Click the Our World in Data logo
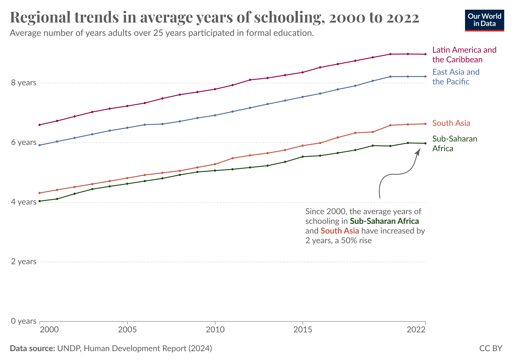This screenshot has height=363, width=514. [x=484, y=20]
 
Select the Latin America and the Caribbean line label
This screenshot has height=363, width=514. [x=464, y=55]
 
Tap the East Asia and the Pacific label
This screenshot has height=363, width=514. [x=456, y=77]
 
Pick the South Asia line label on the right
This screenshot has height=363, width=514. [x=451, y=123]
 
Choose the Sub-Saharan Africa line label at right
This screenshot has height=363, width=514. [x=454, y=144]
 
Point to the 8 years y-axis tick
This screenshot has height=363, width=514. [x=24, y=83]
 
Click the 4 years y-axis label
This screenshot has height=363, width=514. [x=24, y=202]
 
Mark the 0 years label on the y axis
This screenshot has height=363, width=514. [x=24, y=321]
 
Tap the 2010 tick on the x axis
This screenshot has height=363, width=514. [x=215, y=329]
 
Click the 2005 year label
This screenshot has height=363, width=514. [x=127, y=329]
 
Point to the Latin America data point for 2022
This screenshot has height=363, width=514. [x=425, y=54]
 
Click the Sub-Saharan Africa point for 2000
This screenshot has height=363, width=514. [x=40, y=201]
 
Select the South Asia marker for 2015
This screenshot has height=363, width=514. [x=303, y=146]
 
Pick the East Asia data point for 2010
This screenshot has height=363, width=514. [x=215, y=115]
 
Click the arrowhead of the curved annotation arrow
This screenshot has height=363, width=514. [x=418, y=151]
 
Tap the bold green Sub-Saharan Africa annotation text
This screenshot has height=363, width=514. [x=384, y=221]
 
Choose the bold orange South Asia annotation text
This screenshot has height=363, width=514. [x=340, y=231]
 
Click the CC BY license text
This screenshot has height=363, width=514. [x=490, y=348]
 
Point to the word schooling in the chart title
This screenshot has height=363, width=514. [x=286, y=18]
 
